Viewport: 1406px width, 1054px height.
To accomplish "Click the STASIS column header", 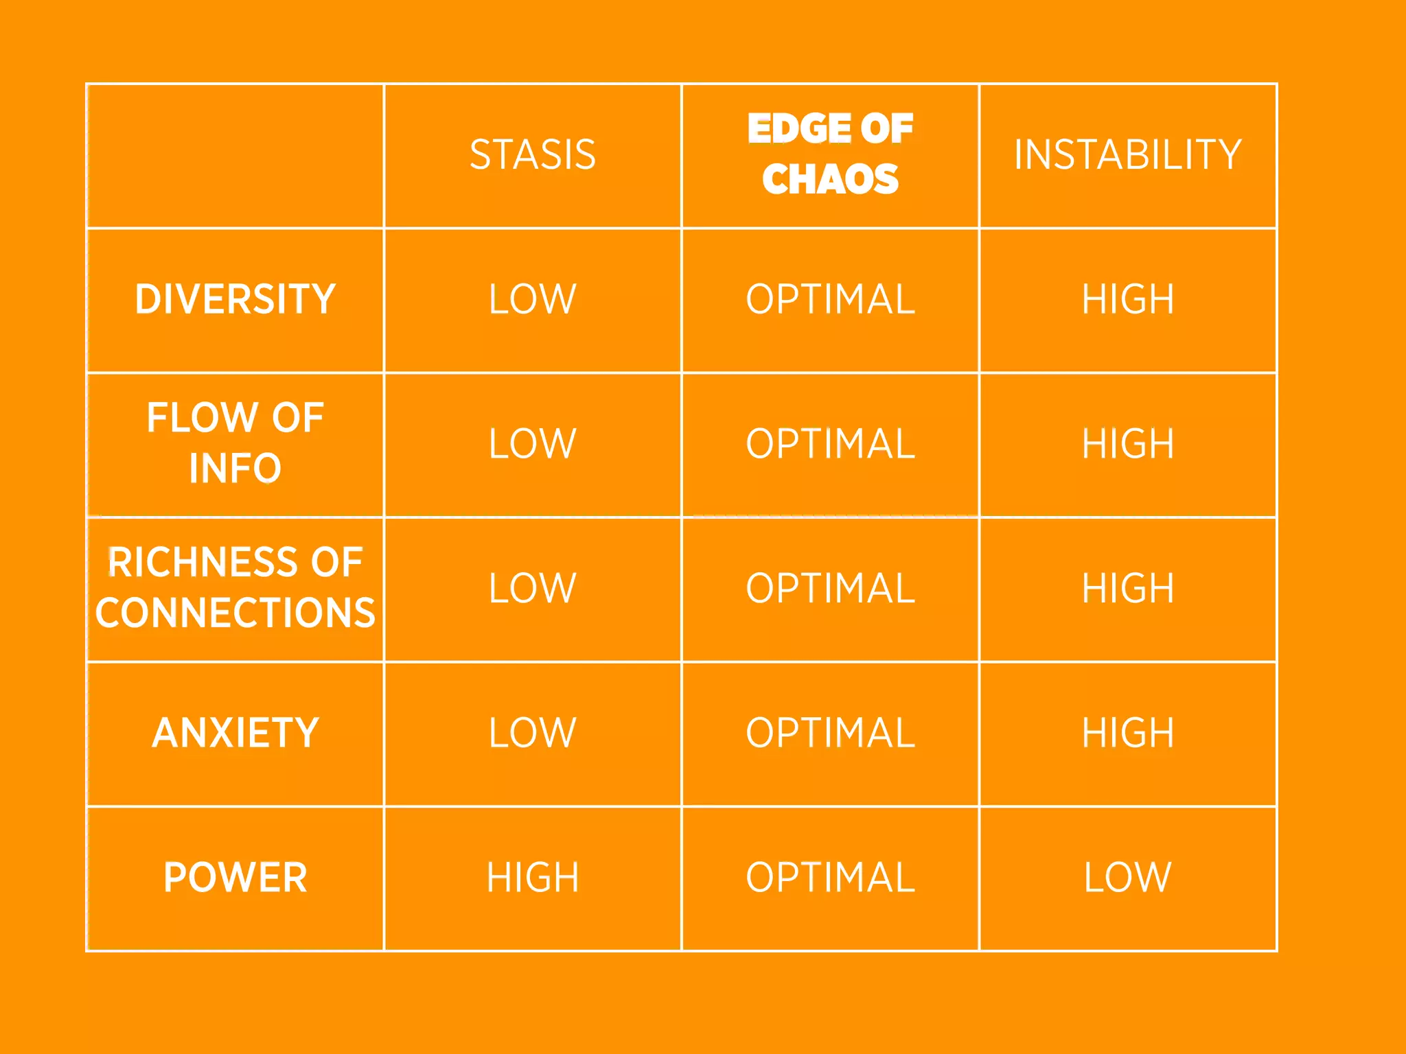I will (x=533, y=154).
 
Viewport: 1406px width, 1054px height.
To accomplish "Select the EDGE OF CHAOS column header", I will (x=830, y=154).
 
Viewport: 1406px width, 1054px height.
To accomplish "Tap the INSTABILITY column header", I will (x=1128, y=154).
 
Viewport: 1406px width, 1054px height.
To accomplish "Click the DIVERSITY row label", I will (x=235, y=299).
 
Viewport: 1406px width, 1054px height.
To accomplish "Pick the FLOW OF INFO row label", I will (x=235, y=443).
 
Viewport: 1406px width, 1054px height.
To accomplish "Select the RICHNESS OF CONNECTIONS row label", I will (x=235, y=587).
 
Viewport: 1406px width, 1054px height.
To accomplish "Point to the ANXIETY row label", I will (x=235, y=732).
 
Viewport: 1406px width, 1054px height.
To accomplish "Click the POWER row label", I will (x=235, y=877).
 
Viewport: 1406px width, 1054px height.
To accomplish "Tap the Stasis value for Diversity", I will (x=533, y=299).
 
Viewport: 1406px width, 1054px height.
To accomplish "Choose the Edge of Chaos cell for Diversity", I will (x=830, y=299).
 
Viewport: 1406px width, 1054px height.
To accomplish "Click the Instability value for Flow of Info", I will (x=1128, y=443).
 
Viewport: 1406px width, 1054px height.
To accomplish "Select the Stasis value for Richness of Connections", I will (x=533, y=588).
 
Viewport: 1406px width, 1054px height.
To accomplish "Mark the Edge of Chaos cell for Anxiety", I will (x=830, y=733).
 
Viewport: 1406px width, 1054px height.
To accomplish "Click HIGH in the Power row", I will (x=533, y=877).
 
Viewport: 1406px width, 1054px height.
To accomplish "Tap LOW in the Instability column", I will (x=1128, y=877).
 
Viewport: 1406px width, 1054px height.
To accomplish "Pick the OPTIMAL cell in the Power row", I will (x=830, y=877).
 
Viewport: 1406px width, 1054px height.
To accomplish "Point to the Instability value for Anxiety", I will (x=1128, y=733).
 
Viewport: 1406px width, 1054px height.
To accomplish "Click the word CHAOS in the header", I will (x=830, y=179).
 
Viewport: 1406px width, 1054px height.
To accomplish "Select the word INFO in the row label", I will (x=235, y=468).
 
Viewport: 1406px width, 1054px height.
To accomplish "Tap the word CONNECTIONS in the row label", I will (x=235, y=613).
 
